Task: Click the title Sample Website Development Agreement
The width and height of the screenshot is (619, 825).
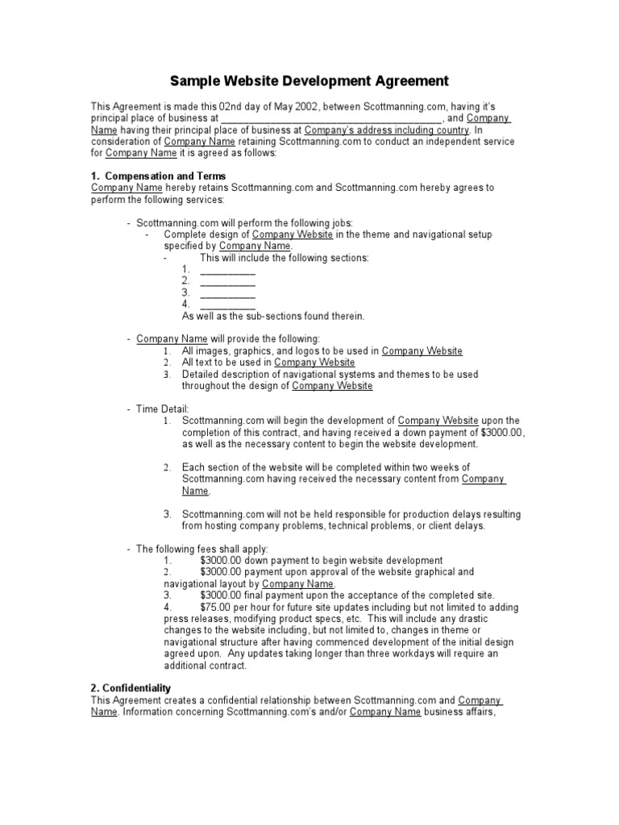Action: tap(309, 81)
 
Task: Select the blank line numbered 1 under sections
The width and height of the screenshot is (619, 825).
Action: tap(227, 269)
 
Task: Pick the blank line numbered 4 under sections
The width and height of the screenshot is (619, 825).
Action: tap(227, 305)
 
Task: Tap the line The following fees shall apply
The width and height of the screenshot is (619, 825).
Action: tap(201, 549)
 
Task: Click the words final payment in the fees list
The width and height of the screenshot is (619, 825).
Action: tap(272, 595)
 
